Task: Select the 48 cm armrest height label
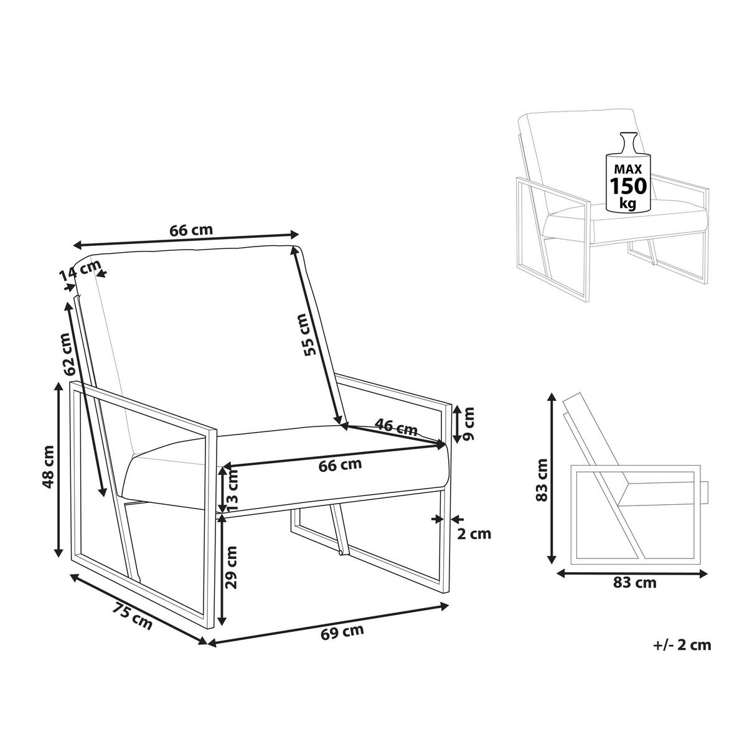pyautogui.click(x=48, y=467)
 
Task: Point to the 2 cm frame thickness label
pyautogui.click(x=474, y=533)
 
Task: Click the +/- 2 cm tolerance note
pyautogui.click(x=682, y=644)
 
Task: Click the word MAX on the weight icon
pyautogui.click(x=628, y=169)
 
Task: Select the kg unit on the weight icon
pyautogui.click(x=628, y=203)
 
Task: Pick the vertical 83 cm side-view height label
pyautogui.click(x=542, y=479)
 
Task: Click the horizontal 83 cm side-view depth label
pyautogui.click(x=634, y=593)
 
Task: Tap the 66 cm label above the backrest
pyautogui.click(x=191, y=230)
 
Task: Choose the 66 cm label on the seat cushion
pyautogui.click(x=340, y=465)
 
